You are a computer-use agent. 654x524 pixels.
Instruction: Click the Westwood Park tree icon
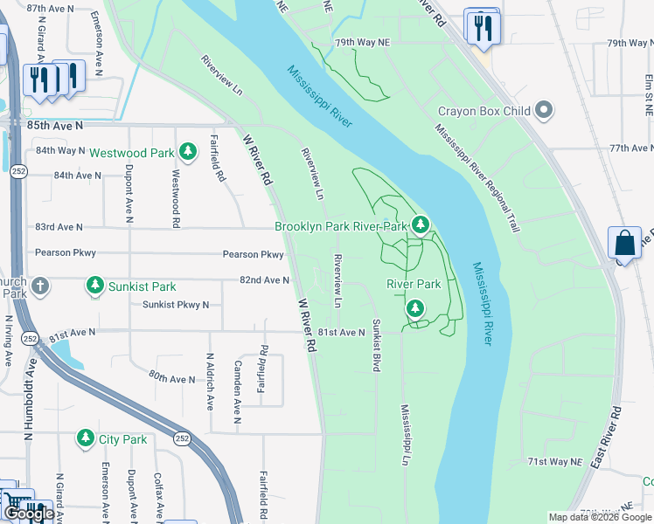coord(187,152)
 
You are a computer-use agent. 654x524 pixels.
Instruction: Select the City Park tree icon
coord(86,438)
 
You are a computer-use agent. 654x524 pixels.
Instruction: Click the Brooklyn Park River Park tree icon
coord(421,225)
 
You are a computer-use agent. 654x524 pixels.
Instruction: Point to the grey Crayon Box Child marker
coord(544,111)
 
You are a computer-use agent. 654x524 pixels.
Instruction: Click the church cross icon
coord(39,286)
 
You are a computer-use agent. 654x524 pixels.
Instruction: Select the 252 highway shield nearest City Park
coord(182,438)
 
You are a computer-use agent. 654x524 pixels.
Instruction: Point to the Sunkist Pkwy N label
coord(176,304)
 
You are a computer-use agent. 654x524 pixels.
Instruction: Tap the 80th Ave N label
coord(171,378)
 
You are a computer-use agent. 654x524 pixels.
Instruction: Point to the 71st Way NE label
coord(553,461)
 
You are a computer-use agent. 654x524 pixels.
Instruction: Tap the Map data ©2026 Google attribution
coord(600,517)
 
